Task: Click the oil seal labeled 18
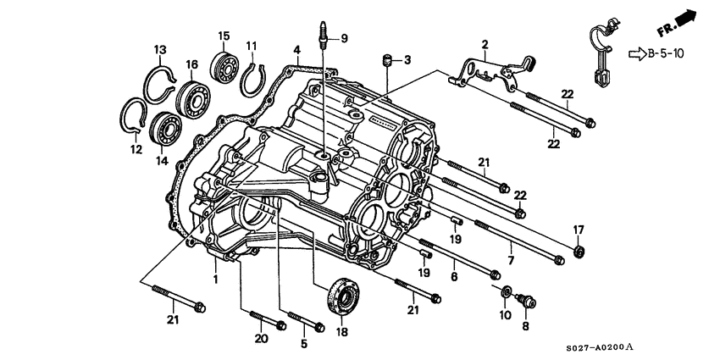pos(344,292)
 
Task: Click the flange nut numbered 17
pos(579,251)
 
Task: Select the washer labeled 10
pos(506,292)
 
